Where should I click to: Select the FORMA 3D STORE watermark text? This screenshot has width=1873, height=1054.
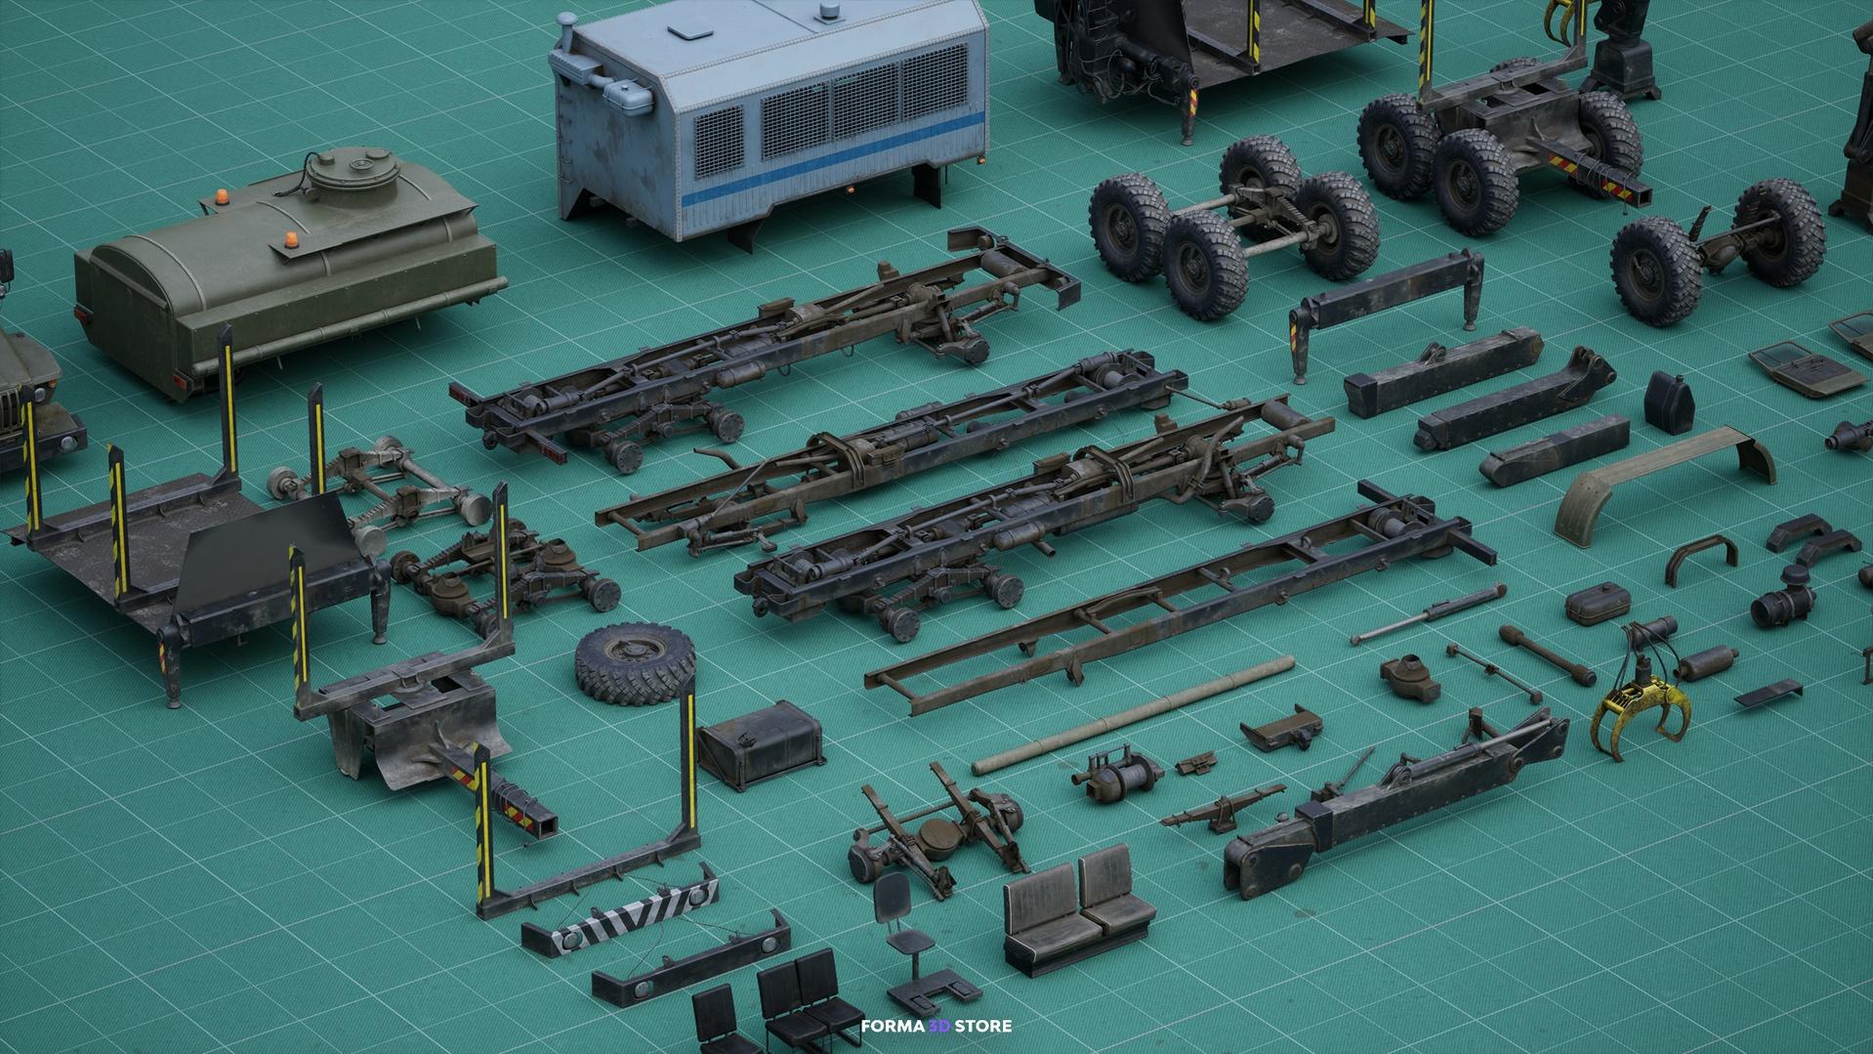(x=936, y=1026)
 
